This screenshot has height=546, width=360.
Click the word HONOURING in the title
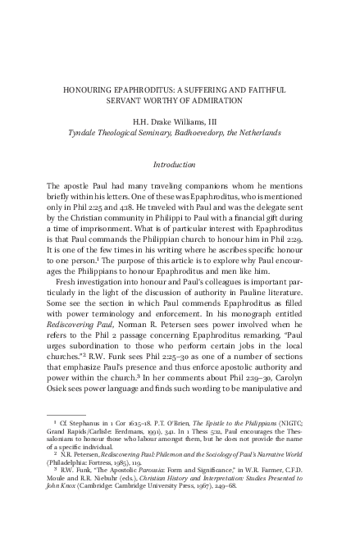90,89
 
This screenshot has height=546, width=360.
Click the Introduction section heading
180,166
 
